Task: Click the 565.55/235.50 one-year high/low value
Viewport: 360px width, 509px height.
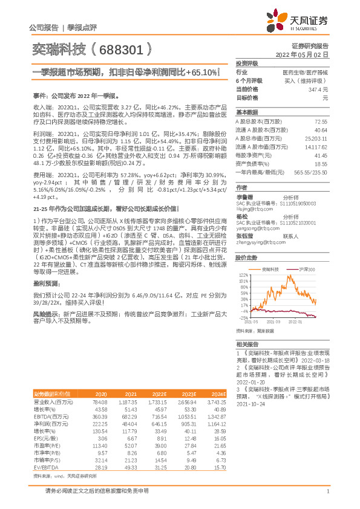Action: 313,172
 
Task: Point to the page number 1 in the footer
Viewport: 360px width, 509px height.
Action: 327,498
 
